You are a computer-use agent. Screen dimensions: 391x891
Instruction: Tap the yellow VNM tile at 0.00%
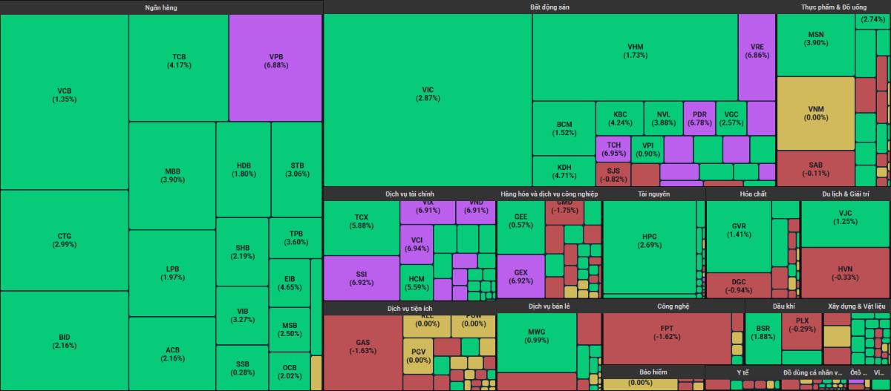815,113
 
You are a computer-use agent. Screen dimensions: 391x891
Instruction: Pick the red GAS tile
363,346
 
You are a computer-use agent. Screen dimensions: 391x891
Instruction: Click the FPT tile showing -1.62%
666,332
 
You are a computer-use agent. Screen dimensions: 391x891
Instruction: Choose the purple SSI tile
361,278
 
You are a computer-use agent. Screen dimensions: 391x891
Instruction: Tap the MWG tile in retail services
537,335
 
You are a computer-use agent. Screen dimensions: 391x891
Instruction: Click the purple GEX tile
520,276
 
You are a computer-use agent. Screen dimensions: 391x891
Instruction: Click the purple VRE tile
757,51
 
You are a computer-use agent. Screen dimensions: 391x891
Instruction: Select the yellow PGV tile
419,355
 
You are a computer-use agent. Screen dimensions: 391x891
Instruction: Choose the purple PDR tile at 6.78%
699,118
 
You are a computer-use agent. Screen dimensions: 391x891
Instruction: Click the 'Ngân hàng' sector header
161,7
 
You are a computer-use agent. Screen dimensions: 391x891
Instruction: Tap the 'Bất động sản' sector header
549,7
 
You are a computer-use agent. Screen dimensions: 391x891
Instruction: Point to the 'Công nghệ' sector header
673,306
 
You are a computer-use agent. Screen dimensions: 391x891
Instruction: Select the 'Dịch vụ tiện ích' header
409,308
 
